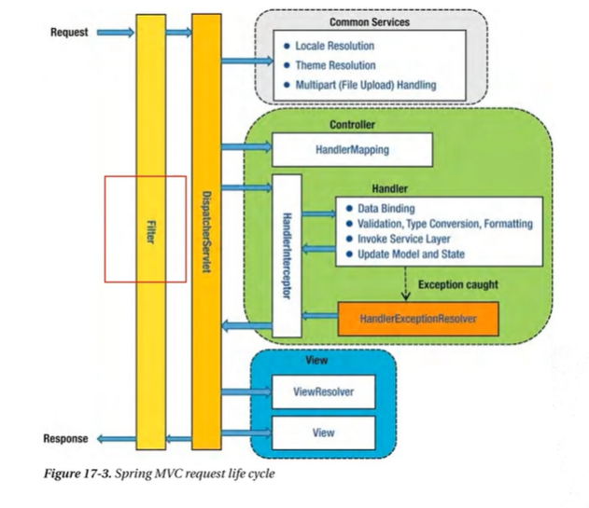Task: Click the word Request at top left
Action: click(x=69, y=33)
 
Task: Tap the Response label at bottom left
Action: click(x=65, y=439)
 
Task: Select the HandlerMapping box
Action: click(x=352, y=150)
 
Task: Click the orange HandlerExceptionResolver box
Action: click(x=418, y=319)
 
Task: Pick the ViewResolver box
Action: click(x=323, y=391)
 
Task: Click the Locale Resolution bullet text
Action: click(x=335, y=46)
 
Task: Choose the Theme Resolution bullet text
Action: click(x=335, y=65)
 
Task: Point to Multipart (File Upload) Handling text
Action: click(x=366, y=85)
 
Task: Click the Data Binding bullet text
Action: click(x=386, y=209)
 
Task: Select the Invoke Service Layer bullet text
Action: click(x=404, y=239)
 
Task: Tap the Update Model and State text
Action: click(x=411, y=254)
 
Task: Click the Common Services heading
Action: click(x=370, y=22)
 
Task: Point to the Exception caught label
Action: click(x=458, y=285)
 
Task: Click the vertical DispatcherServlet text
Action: click(x=206, y=232)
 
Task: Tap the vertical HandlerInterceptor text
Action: click(x=287, y=256)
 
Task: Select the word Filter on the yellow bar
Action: click(x=150, y=232)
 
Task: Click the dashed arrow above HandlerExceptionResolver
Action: click(x=405, y=283)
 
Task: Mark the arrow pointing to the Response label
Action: click(x=117, y=439)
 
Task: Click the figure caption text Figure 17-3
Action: click(x=77, y=474)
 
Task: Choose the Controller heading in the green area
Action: click(x=352, y=125)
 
